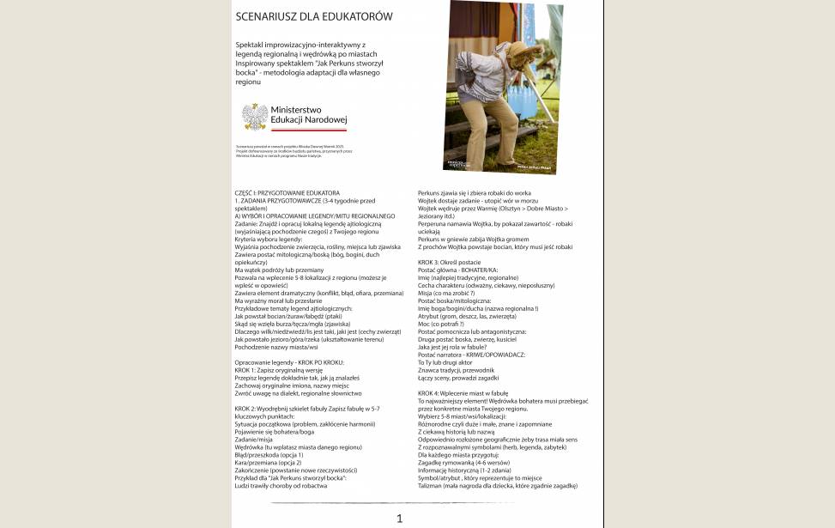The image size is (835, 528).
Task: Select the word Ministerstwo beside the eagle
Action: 295,110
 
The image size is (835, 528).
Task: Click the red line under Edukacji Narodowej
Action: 308,130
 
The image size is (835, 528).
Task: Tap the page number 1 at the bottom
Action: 399,518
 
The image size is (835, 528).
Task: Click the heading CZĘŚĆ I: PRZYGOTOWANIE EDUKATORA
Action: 287,192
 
